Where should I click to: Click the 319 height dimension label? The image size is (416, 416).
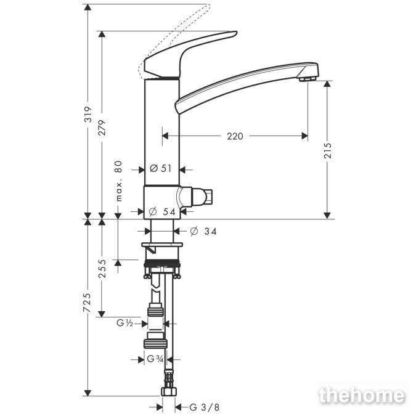click(x=88, y=114)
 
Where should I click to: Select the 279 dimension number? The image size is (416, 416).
click(x=102, y=128)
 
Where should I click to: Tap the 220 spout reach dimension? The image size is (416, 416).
click(x=235, y=136)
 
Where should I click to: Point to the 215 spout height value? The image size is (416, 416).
click(x=328, y=151)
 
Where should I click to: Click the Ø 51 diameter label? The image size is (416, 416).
click(x=161, y=168)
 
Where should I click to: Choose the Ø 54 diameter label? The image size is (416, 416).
click(x=162, y=211)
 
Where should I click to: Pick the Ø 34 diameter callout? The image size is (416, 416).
click(x=203, y=231)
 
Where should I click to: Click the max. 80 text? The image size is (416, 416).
click(x=119, y=181)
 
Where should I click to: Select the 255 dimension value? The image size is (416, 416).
click(x=102, y=269)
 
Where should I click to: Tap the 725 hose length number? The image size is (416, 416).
click(x=87, y=302)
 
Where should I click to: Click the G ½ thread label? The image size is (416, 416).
click(x=124, y=323)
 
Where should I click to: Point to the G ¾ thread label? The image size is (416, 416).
click(x=155, y=359)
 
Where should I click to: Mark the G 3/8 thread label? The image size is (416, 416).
click(x=205, y=407)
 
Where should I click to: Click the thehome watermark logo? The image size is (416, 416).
click(x=362, y=396)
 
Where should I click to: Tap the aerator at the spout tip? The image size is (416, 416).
click(x=308, y=78)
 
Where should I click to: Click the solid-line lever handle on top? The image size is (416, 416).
click(x=190, y=54)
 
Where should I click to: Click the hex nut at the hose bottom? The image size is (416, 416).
click(x=169, y=391)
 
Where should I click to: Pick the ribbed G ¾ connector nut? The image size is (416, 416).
click(x=155, y=344)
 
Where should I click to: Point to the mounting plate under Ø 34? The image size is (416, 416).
click(x=162, y=245)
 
